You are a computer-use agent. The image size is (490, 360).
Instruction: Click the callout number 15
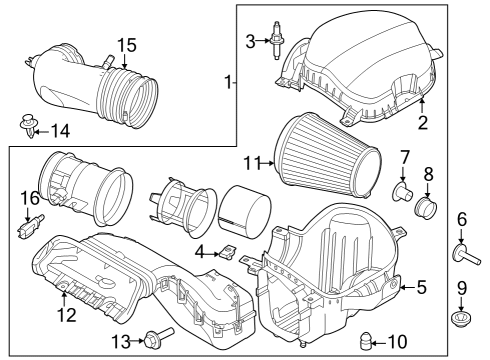pos(126,45)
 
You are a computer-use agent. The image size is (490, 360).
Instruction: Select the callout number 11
pos(251,161)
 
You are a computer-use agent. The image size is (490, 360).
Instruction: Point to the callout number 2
pos(422,123)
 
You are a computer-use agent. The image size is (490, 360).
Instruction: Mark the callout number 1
pos(229,81)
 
